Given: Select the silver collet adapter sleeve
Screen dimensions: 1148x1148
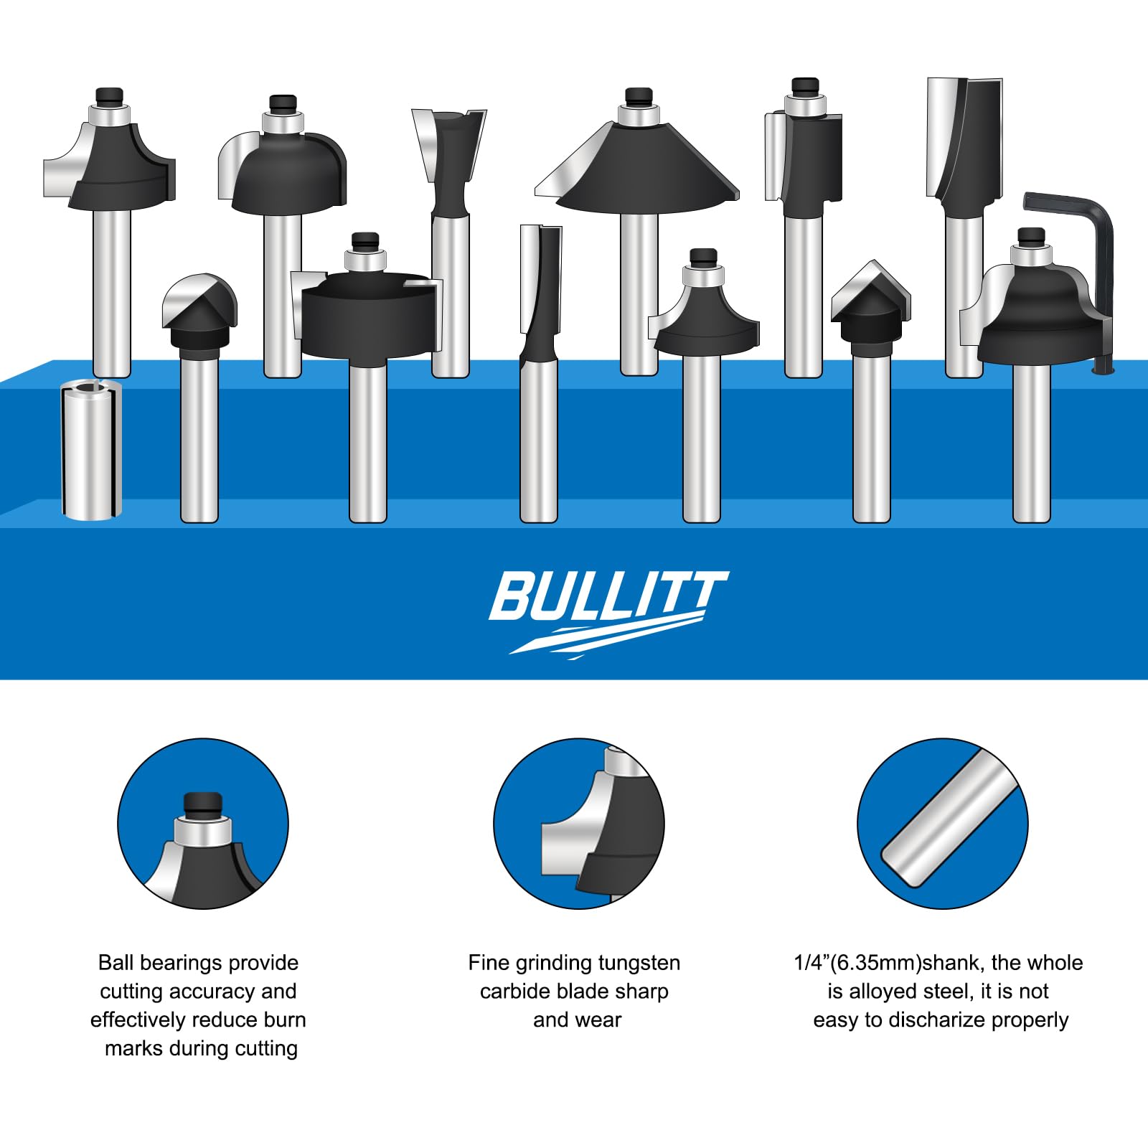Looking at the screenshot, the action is (91, 448).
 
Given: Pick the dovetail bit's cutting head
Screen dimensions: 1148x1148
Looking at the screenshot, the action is (450, 161).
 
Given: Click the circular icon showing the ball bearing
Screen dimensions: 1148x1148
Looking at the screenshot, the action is (203, 824).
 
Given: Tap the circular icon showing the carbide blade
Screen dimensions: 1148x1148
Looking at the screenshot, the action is (579, 824).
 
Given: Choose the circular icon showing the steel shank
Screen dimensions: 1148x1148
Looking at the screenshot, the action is (943, 824).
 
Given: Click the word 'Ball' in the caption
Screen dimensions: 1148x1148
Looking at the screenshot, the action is (116, 962).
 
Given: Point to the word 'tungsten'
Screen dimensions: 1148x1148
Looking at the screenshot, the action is (639, 963).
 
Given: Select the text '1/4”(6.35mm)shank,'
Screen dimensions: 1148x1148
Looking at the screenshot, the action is (890, 963).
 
